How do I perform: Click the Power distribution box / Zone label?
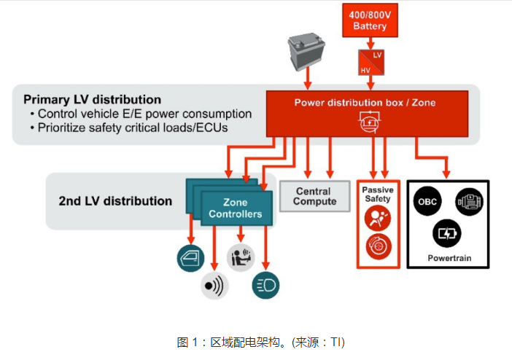pos(365,102)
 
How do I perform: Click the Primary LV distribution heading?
pos(92,99)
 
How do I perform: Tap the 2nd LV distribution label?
pos(115,200)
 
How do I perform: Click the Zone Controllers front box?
pos(235,208)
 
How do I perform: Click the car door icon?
pos(191,257)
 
